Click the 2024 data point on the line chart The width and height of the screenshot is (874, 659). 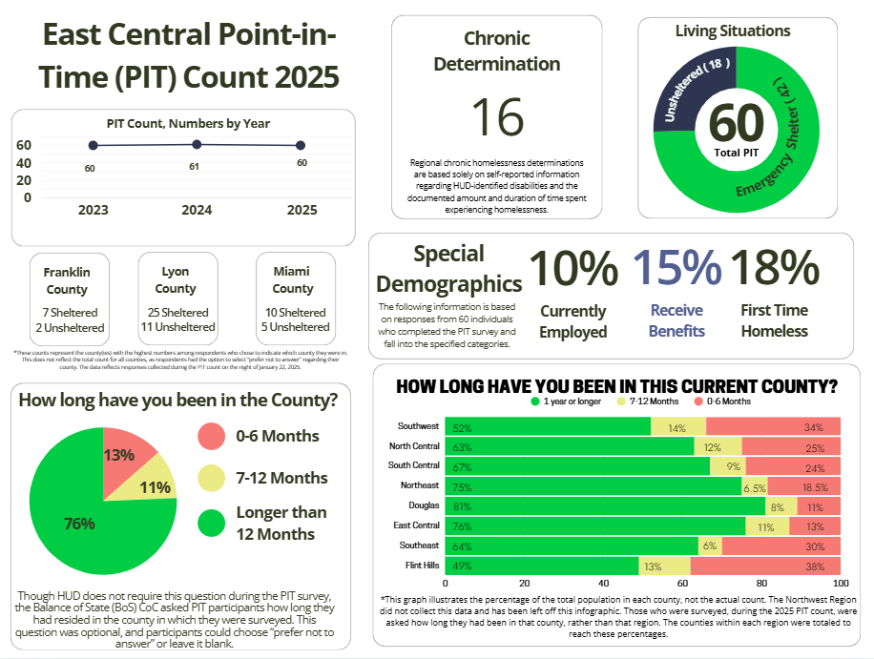197,144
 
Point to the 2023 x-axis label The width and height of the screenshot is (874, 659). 93,210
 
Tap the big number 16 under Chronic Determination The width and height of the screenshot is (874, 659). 497,117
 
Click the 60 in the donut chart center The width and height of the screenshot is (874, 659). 737,124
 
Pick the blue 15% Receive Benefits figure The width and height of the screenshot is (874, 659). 676,268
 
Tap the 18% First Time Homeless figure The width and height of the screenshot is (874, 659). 774,268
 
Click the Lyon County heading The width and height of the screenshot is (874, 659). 176,280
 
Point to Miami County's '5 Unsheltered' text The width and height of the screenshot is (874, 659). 293,327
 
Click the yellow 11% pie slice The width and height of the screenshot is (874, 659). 155,485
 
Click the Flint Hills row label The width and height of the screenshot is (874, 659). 420,566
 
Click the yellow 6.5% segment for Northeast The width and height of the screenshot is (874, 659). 754,485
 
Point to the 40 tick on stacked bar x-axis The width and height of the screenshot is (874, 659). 603,583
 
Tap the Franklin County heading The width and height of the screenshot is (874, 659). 67,280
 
